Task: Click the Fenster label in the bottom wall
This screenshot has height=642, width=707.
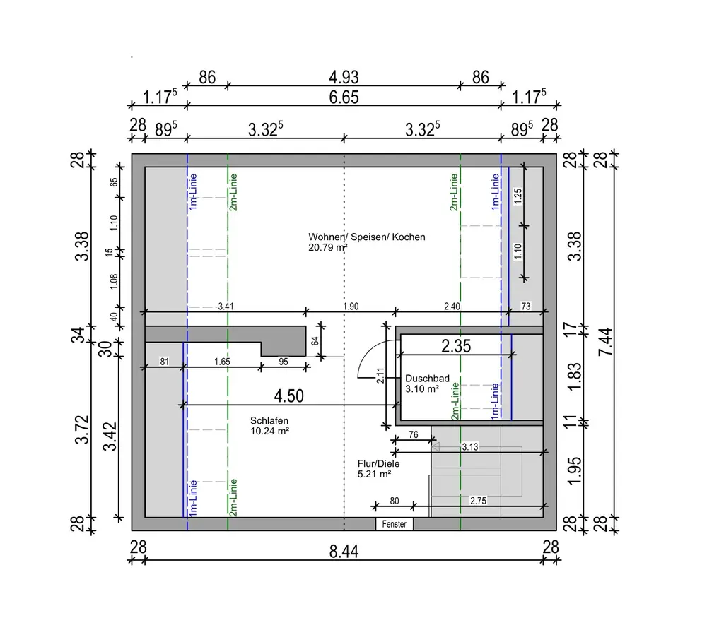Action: pyautogui.click(x=394, y=524)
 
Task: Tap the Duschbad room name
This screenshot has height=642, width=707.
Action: pyautogui.click(x=428, y=379)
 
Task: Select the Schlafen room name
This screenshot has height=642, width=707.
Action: pyautogui.click(x=269, y=420)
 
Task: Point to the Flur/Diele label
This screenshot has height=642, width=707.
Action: pyautogui.click(x=379, y=463)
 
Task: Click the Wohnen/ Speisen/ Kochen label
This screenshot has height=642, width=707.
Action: pyautogui.click(x=366, y=237)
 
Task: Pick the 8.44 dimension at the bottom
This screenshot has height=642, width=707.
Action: pyautogui.click(x=344, y=552)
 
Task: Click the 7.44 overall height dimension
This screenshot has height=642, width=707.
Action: pyautogui.click(x=606, y=342)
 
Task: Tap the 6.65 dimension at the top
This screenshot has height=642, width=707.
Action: pyautogui.click(x=344, y=97)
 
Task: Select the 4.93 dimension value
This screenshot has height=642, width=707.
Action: pyautogui.click(x=344, y=77)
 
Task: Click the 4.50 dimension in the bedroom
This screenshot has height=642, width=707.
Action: pyautogui.click(x=289, y=396)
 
